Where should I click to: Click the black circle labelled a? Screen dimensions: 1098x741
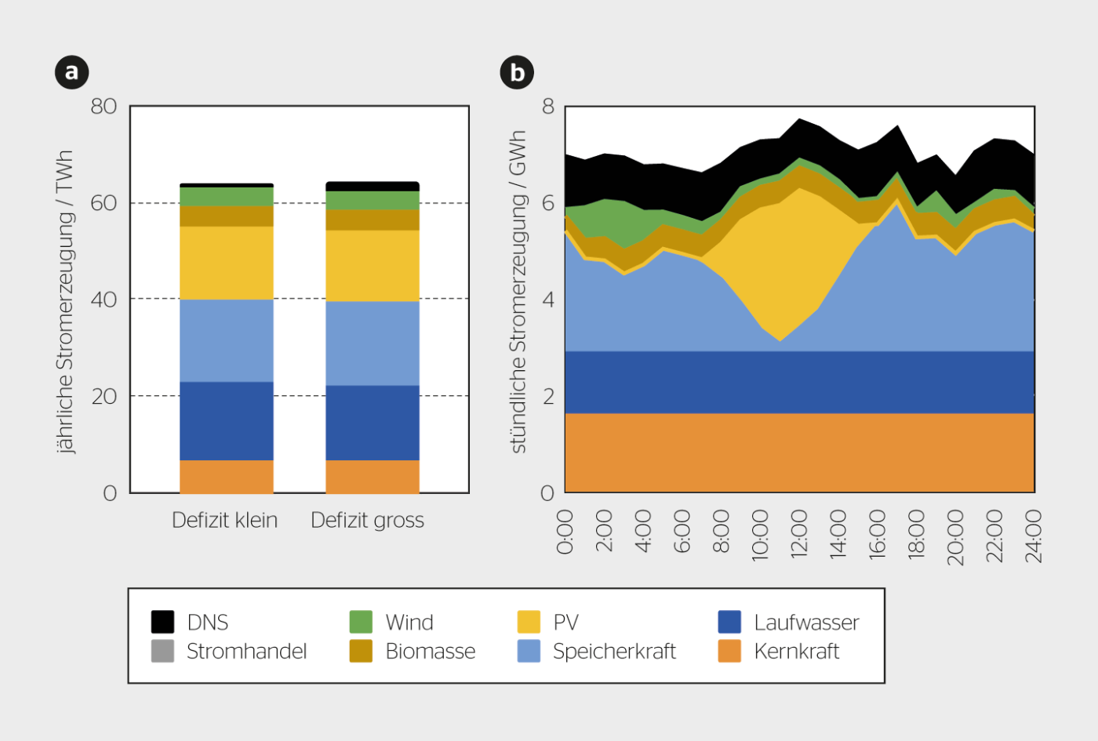click(x=71, y=72)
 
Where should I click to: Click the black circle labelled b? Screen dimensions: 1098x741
click(x=517, y=72)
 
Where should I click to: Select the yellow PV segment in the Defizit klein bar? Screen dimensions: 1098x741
click(x=227, y=263)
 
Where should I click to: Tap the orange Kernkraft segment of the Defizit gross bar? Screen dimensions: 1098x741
click(x=373, y=477)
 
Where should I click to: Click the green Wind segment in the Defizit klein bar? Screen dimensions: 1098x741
click(x=227, y=197)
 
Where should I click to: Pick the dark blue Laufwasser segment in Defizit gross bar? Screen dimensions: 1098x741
click(x=373, y=423)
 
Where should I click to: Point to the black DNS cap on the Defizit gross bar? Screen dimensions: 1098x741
click(x=373, y=187)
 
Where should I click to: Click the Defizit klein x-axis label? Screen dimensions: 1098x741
click(x=224, y=520)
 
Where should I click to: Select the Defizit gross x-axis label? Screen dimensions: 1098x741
click(x=367, y=521)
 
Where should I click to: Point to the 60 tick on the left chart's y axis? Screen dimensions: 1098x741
click(x=104, y=202)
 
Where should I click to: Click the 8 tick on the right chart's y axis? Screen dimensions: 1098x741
click(x=548, y=106)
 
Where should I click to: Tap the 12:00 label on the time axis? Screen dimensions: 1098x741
click(x=799, y=533)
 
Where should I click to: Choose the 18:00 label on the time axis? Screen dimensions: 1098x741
click(x=916, y=533)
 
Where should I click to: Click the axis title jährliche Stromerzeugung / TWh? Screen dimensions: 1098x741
click(x=64, y=302)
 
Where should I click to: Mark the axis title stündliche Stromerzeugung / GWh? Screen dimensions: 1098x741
click(x=518, y=292)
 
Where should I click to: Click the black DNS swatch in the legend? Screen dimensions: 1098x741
click(x=162, y=622)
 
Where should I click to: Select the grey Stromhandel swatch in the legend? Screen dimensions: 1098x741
click(x=162, y=652)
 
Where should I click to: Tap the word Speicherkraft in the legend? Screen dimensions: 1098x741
click(x=614, y=652)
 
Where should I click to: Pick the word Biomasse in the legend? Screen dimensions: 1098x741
click(x=431, y=652)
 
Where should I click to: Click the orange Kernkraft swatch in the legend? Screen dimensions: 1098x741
click(x=729, y=652)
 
